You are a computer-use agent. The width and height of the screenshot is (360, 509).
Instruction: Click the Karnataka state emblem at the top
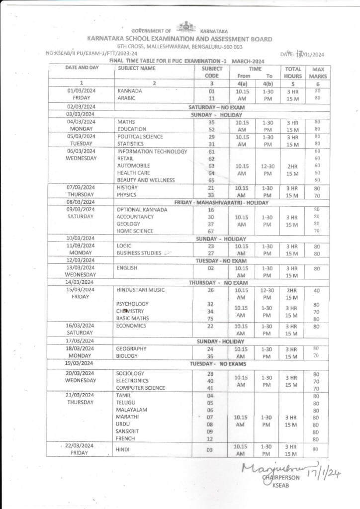click(187, 27)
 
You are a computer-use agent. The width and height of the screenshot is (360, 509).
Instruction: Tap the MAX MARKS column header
click(317, 73)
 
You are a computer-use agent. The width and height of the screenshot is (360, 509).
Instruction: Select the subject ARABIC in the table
click(126, 98)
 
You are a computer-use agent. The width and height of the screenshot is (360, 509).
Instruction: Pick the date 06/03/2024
click(81, 151)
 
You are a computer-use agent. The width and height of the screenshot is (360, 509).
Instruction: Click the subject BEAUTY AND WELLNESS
click(146, 180)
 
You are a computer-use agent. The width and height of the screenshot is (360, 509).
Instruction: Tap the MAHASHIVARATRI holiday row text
click(221, 202)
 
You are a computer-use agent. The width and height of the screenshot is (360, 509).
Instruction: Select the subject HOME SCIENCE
click(135, 231)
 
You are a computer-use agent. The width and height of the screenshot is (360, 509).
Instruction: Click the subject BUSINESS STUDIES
click(141, 253)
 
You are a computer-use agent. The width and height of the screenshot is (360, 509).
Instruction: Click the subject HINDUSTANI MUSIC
click(140, 290)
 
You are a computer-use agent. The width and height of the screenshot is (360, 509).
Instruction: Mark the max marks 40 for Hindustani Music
click(316, 290)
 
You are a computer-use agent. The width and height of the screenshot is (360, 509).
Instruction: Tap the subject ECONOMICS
click(131, 326)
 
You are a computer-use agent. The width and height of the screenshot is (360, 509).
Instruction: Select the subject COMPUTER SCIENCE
click(141, 388)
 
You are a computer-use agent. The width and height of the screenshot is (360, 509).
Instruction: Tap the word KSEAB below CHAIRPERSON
click(281, 486)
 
